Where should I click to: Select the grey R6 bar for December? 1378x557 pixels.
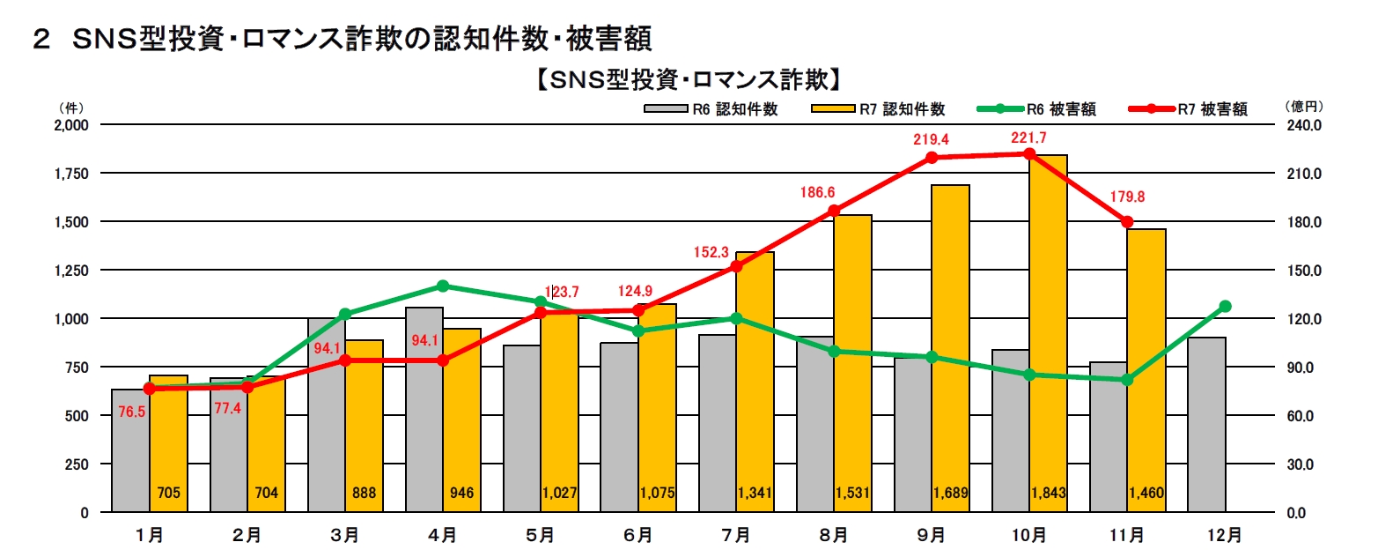point(1206,423)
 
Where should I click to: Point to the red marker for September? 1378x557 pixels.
point(932,158)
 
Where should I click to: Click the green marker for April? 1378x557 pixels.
point(443,286)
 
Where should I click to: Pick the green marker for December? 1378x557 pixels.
point(1225,306)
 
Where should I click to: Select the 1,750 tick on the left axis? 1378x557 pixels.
point(70,174)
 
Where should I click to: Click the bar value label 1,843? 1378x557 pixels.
point(1048,494)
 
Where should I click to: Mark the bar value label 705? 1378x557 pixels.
point(168,494)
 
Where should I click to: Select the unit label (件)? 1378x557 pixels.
point(70,107)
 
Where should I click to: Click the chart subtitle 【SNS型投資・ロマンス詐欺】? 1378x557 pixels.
point(687,80)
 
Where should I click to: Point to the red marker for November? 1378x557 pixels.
point(1127,221)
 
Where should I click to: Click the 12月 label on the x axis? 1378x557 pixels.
point(1225,534)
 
